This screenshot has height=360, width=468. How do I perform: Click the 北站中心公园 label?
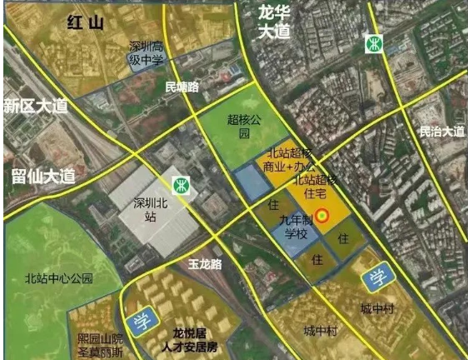tap(57, 278)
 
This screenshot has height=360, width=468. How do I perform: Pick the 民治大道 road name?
tap(441, 131)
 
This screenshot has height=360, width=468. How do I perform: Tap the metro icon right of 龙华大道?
tap(374, 42)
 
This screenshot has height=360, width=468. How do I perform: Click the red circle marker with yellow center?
tap(322, 213)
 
